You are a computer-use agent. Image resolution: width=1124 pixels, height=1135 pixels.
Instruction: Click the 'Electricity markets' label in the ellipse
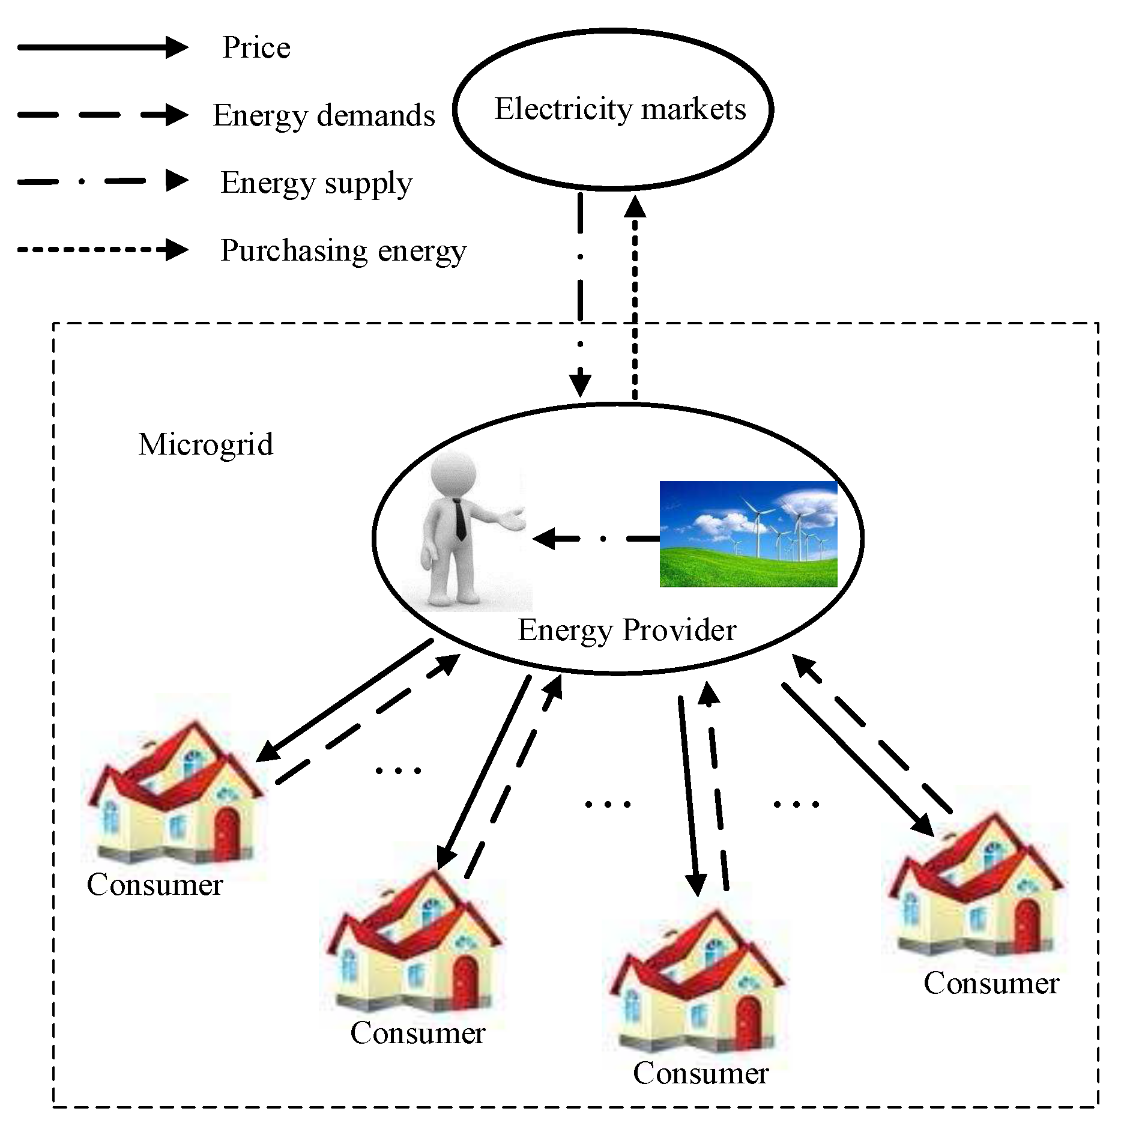620,109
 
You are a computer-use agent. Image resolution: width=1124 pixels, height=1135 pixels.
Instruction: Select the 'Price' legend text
256,47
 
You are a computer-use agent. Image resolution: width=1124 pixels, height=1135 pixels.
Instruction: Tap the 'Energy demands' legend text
324,115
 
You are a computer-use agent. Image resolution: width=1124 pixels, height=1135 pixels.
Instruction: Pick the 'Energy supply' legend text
316,183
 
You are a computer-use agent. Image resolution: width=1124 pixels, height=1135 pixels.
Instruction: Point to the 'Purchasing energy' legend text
343,250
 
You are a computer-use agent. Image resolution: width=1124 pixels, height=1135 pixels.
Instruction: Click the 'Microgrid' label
206,444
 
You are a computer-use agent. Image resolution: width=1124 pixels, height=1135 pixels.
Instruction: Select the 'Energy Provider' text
627,630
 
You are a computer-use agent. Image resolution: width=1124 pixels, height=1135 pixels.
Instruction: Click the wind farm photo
748,534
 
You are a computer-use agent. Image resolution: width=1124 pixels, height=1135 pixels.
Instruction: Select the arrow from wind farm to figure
594,539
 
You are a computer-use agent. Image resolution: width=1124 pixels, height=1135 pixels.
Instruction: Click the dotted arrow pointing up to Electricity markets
635,300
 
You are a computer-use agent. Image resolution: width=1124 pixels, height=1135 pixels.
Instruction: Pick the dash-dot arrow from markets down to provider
581,294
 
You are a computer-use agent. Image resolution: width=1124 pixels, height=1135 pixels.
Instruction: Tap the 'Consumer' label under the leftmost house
155,885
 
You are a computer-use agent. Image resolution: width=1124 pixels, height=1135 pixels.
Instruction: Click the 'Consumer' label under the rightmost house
991,983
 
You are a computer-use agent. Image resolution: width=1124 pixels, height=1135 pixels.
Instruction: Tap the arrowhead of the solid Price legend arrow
176,47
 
